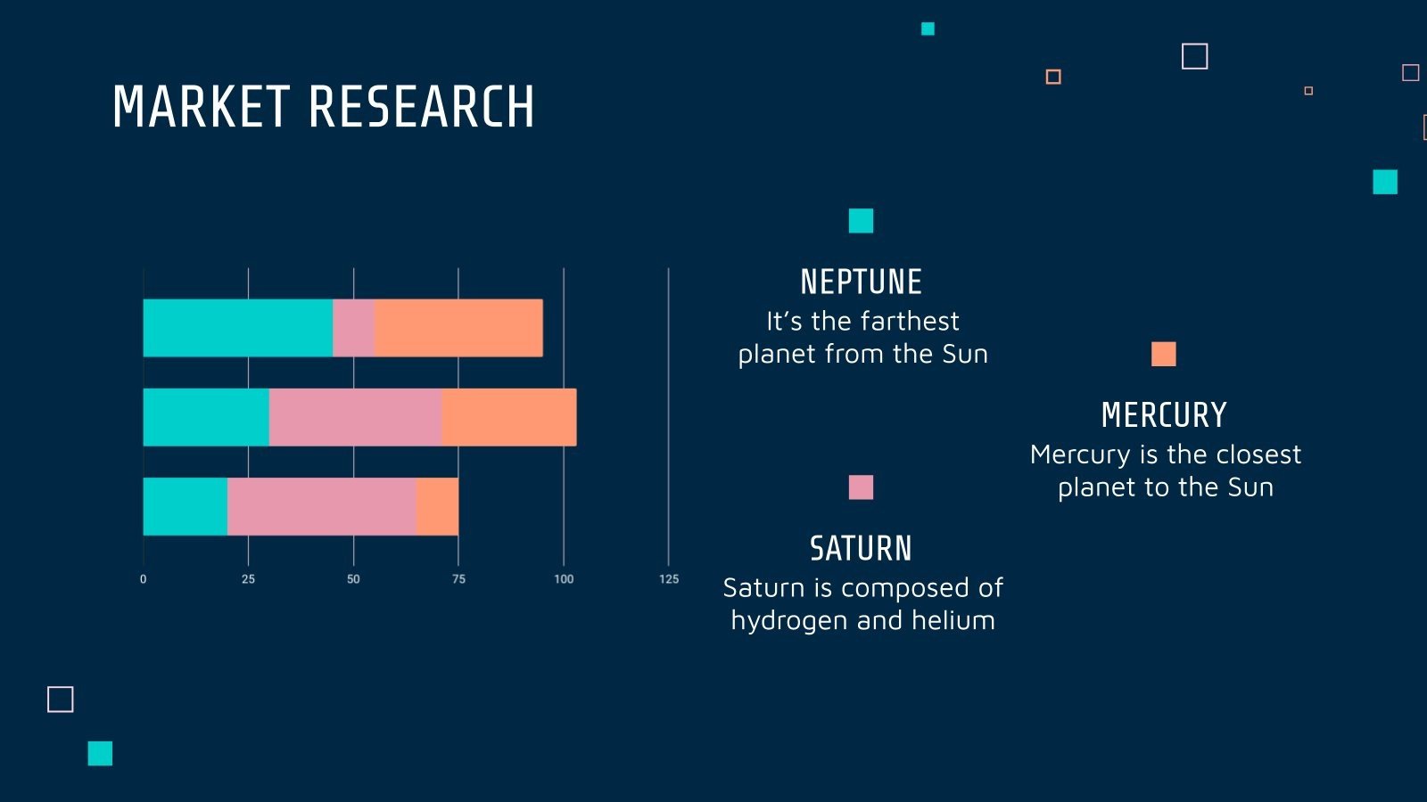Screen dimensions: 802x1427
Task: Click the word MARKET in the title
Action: click(x=201, y=108)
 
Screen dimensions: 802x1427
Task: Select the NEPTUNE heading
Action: click(x=861, y=282)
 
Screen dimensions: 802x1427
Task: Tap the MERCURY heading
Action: click(x=1164, y=415)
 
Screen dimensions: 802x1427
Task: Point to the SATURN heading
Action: click(x=861, y=549)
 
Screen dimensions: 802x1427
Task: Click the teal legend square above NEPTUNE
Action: click(x=861, y=220)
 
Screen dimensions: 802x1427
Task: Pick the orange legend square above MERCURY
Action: click(x=1163, y=354)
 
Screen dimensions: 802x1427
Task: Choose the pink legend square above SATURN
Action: click(x=861, y=487)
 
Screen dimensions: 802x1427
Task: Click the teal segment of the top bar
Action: click(x=237, y=328)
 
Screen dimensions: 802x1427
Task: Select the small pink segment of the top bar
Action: click(x=353, y=328)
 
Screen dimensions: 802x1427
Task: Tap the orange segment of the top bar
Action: click(x=458, y=328)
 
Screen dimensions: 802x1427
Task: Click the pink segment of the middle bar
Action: click(x=355, y=417)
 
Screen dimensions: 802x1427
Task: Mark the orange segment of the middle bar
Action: click(x=508, y=417)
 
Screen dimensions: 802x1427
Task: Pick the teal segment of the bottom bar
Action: click(x=185, y=506)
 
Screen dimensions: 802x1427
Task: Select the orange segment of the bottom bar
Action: click(x=437, y=506)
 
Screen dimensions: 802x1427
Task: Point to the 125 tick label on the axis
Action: click(x=669, y=579)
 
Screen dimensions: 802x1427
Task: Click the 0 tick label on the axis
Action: click(x=143, y=579)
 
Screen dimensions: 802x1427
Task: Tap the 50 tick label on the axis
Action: click(x=353, y=579)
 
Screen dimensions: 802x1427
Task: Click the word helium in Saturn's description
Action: click(x=953, y=620)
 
